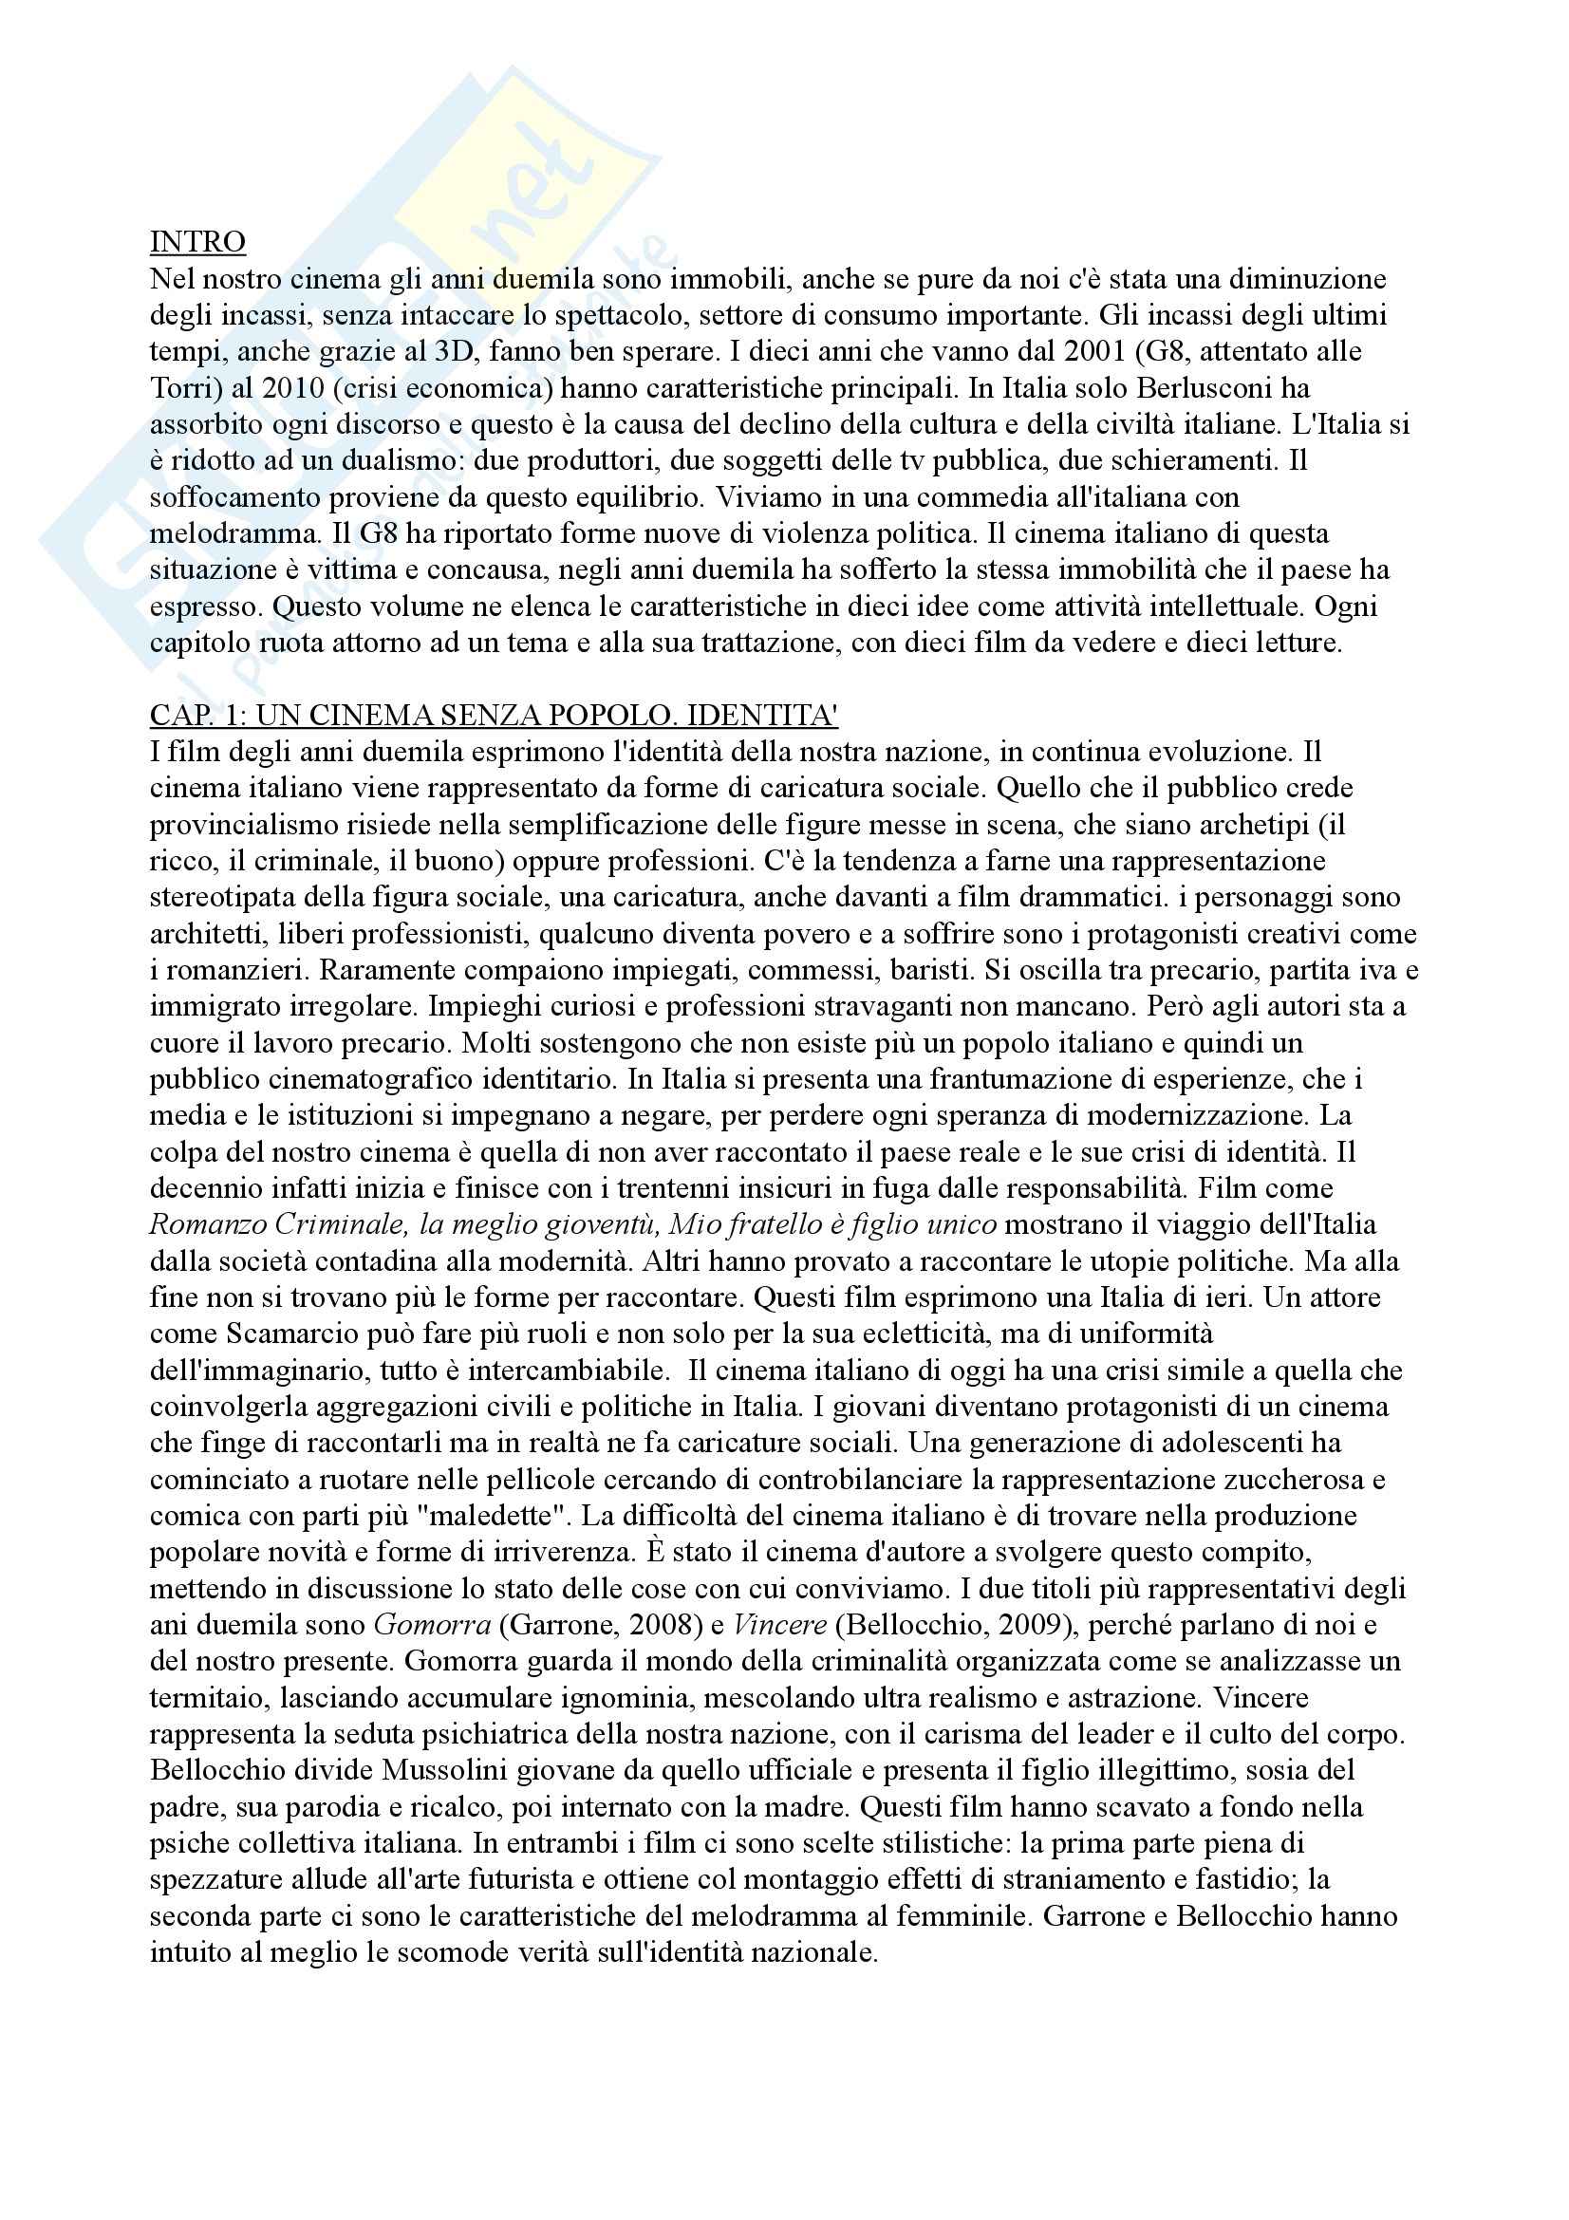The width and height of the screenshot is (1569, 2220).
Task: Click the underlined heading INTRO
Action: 197,242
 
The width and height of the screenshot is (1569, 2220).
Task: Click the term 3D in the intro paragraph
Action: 460,351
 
